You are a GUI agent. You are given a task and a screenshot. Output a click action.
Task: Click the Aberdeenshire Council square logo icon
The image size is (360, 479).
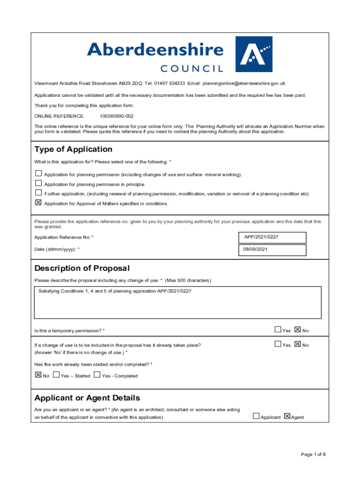[x=253, y=54]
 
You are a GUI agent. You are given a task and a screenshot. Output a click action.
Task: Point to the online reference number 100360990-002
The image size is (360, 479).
[x=116, y=116]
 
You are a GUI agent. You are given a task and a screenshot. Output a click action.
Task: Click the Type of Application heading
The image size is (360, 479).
[x=73, y=149]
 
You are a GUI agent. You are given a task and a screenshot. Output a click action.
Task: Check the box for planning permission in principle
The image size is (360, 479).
[x=38, y=183]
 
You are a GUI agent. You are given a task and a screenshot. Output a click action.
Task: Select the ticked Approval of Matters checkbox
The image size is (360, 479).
[x=38, y=203]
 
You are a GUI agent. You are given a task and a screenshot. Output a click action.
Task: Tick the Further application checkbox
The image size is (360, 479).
[x=38, y=193]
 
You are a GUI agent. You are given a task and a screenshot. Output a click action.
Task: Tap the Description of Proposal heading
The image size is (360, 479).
[x=82, y=268]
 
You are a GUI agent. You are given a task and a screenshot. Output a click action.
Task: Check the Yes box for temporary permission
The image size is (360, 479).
[x=278, y=330]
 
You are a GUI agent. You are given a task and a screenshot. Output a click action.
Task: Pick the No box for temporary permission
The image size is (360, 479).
[x=298, y=330]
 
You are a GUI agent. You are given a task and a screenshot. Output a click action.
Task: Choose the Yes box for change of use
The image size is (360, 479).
[x=278, y=344]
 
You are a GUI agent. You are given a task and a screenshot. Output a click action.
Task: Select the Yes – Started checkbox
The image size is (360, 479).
[x=56, y=375]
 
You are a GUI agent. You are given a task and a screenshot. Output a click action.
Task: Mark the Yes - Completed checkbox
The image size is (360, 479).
[x=97, y=375]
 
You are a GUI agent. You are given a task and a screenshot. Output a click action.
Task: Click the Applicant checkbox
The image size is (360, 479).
[x=256, y=416]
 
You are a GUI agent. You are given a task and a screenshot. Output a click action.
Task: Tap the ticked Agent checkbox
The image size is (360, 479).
[x=287, y=416]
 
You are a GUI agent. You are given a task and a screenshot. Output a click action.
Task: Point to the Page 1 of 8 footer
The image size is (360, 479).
[x=313, y=454]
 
